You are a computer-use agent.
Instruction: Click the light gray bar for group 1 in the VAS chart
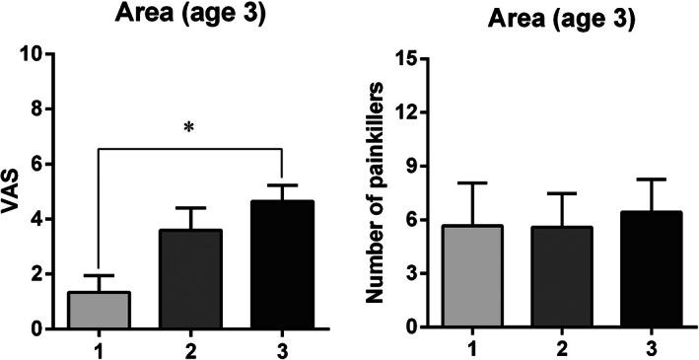pyautogui.click(x=98, y=310)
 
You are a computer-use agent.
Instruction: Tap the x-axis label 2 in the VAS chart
pyautogui.click(x=190, y=348)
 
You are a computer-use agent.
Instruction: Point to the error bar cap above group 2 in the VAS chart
pyautogui.click(x=190, y=208)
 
